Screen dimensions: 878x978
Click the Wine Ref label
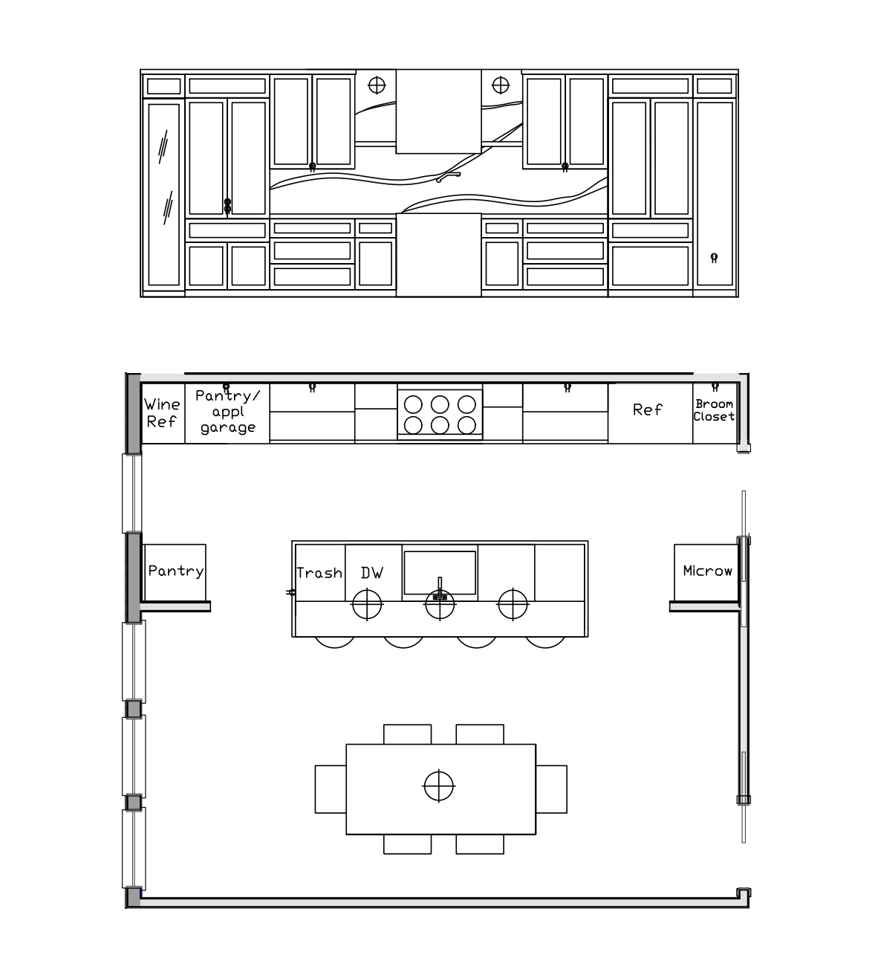pyautogui.click(x=162, y=413)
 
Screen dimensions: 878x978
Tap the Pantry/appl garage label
pyautogui.click(x=228, y=412)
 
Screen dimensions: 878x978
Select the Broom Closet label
pyautogui.click(x=714, y=410)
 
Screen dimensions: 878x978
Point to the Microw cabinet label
pyautogui.click(x=707, y=571)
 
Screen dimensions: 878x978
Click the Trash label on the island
pyautogui.click(x=319, y=573)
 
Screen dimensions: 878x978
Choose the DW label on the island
pyautogui.click(x=372, y=573)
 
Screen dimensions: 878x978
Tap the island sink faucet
pyautogui.click(x=440, y=589)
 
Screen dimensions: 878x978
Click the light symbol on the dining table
pyautogui.click(x=438, y=786)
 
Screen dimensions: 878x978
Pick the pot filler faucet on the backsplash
pyautogui.click(x=448, y=176)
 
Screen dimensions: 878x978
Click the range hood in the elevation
pyautogui.click(x=438, y=111)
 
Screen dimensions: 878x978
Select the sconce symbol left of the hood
pyautogui.click(x=377, y=85)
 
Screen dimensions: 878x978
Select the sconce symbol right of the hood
pyautogui.click(x=500, y=85)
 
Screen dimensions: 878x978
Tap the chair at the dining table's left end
pyautogui.click(x=331, y=789)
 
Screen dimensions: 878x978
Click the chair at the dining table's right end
pyautogui.click(x=551, y=789)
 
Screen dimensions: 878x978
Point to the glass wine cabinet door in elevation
pyautogui.click(x=164, y=195)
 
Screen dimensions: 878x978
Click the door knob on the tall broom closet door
pyautogui.click(x=714, y=258)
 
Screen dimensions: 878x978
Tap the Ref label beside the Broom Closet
pyautogui.click(x=648, y=409)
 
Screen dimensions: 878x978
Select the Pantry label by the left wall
pyautogui.click(x=175, y=571)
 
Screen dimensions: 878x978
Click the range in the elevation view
pyautogui.click(x=438, y=255)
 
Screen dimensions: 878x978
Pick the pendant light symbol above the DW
pyautogui.click(x=367, y=604)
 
